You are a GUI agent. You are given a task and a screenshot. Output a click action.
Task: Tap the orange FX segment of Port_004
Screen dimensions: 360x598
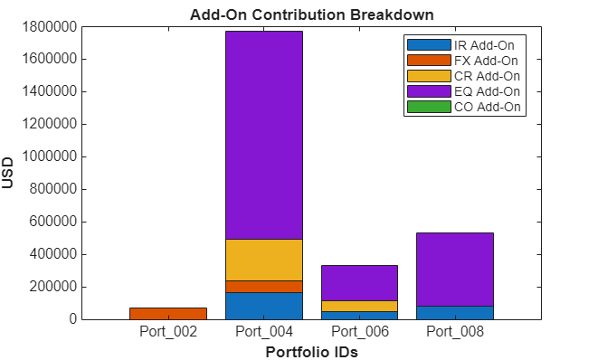tap(263, 286)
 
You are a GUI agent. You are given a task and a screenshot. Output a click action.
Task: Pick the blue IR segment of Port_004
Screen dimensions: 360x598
tap(263, 306)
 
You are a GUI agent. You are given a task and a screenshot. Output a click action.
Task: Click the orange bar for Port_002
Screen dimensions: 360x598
tap(168, 314)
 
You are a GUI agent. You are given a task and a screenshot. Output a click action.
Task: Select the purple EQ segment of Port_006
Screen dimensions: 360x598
tap(359, 282)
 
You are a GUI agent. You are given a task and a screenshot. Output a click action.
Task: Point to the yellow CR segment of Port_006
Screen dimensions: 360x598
tap(359, 306)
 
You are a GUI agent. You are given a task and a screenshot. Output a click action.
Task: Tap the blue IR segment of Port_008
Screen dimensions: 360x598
tap(455, 312)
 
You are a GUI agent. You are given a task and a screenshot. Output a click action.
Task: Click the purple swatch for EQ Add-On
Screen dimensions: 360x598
tap(429, 91)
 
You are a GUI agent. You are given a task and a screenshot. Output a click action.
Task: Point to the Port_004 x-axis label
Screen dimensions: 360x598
tap(263, 331)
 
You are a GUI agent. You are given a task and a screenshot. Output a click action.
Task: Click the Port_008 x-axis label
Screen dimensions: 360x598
tap(455, 331)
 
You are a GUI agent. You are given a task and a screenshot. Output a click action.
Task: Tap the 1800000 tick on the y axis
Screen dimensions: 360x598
tap(44, 27)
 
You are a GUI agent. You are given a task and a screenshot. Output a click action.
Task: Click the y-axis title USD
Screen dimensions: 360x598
tap(9, 173)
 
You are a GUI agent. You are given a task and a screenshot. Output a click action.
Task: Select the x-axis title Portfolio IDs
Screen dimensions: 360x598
tap(311, 351)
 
